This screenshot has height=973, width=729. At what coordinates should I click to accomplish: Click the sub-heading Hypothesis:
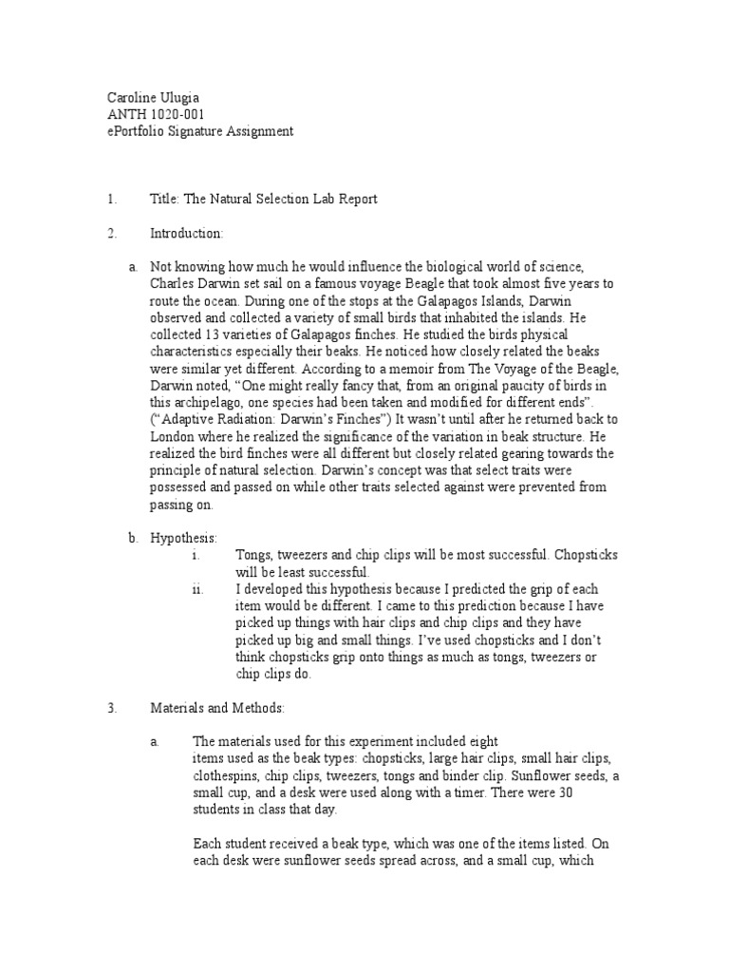point(183,538)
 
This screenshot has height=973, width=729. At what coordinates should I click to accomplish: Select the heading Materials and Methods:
point(217,708)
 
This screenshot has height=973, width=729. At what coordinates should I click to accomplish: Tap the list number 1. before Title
point(111,199)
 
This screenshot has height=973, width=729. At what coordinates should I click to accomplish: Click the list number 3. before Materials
point(111,708)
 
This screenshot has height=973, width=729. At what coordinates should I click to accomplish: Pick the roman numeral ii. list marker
point(196,589)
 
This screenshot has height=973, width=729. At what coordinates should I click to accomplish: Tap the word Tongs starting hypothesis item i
point(252,554)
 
